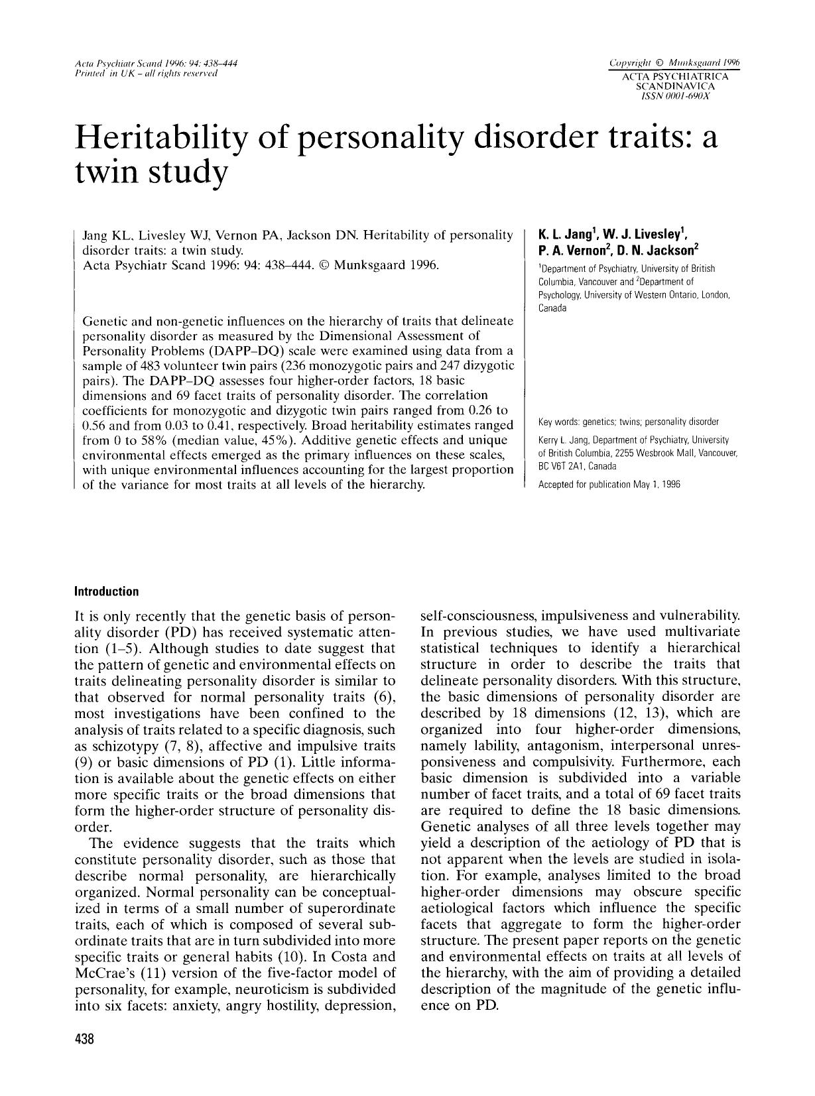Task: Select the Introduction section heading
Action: (107, 591)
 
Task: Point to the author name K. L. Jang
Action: (568, 235)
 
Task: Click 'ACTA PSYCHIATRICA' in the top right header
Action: (674, 77)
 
